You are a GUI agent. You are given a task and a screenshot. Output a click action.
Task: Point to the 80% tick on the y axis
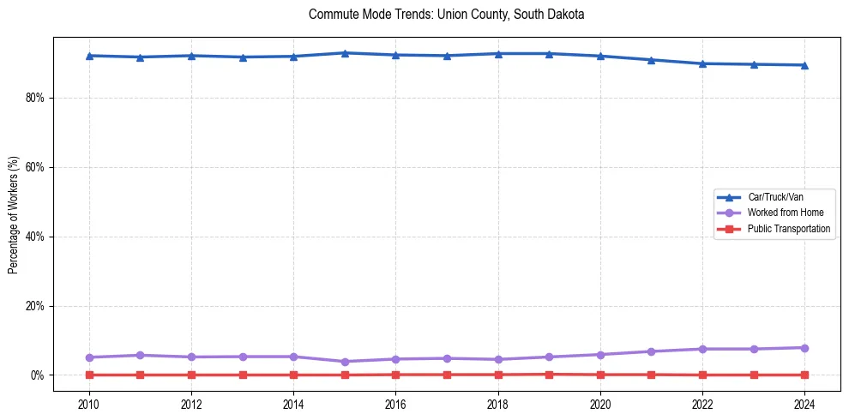point(33,98)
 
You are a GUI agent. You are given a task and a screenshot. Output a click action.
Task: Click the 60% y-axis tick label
point(33,167)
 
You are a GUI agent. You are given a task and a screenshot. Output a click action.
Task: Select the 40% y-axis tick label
point(33,237)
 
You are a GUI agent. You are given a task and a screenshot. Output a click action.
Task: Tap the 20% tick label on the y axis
point(33,306)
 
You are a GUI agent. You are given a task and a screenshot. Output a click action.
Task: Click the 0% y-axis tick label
point(36,375)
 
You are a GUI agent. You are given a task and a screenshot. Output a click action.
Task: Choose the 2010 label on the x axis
point(89,404)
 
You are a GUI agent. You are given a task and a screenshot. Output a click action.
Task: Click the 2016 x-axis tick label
point(395,404)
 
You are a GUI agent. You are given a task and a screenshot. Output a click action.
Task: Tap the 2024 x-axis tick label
point(804,404)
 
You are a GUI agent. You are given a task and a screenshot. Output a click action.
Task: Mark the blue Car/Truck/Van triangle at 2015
point(345,53)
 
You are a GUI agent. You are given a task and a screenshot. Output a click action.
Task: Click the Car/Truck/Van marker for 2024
point(804,65)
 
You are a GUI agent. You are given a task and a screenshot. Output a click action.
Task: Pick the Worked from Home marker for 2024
point(804,348)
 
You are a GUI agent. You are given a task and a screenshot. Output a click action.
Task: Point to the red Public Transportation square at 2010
point(89,375)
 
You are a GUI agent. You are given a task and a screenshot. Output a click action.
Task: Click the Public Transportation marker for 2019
point(549,374)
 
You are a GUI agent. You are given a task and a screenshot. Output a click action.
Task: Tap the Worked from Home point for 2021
point(651,351)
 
